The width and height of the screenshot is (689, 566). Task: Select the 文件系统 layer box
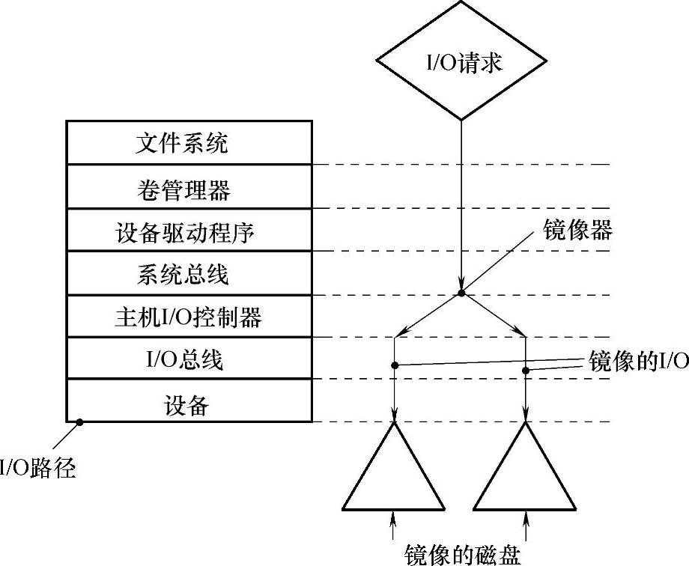189,142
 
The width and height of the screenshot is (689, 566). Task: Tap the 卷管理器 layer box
189,187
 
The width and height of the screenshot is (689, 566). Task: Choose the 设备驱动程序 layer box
189,231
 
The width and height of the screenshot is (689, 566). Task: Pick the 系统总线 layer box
189,274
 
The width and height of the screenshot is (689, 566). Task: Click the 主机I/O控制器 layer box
189,317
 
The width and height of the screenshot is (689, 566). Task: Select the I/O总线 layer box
189,359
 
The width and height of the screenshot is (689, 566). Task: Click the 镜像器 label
577,231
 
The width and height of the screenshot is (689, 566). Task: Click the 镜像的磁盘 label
461,553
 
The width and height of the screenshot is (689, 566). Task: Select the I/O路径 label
37,469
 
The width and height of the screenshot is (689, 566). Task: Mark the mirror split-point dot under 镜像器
461,293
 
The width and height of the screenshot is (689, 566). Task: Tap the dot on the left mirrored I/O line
394,365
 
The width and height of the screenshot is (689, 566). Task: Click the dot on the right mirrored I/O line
526,370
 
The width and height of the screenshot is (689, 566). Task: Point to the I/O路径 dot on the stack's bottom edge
79,422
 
